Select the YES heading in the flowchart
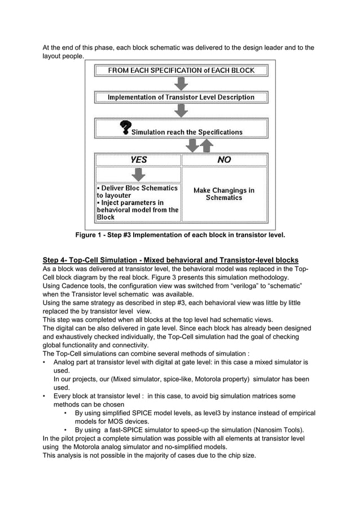pyautogui.click(x=138, y=160)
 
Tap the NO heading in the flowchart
pyautogui.click(x=224, y=160)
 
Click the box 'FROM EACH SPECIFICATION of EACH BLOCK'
pyautogui.click(x=181, y=71)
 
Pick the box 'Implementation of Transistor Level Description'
pyautogui.click(x=181, y=97)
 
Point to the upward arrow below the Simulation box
pyautogui.click(x=207, y=146)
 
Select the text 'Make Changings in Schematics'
pyautogui.click(x=224, y=194)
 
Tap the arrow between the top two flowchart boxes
pyautogui.click(x=181, y=84)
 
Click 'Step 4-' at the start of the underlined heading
pyautogui.click(x=55, y=260)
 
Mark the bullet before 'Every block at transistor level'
pyautogui.click(x=45, y=396)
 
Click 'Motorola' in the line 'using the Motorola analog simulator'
pyautogui.click(x=92, y=446)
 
